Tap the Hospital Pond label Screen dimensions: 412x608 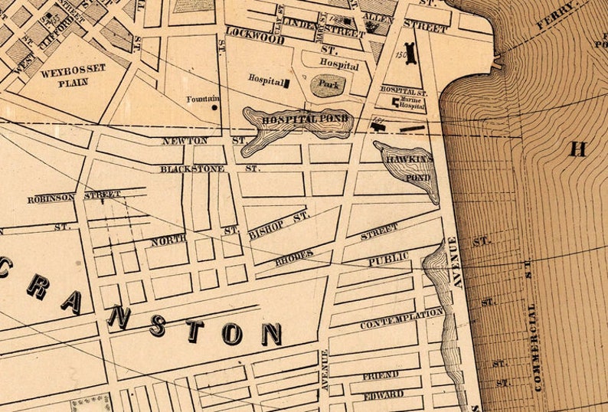305,119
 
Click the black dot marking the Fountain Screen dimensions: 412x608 214,107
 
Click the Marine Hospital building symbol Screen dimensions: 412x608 396,102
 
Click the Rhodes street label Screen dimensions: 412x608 295,257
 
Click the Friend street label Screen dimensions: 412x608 380,374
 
